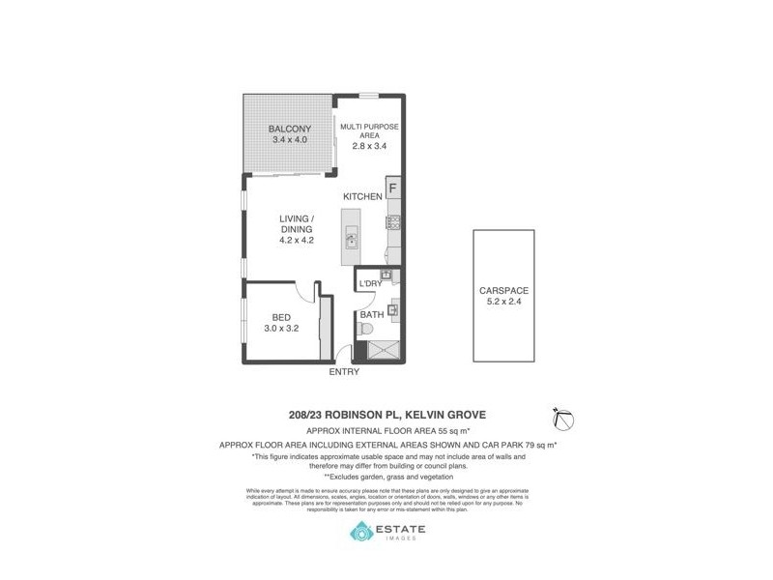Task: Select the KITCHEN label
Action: [x=362, y=197]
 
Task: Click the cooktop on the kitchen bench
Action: [x=394, y=224]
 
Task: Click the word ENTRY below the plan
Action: [x=344, y=372]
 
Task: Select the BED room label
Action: [x=281, y=317]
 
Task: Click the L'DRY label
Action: [x=369, y=283]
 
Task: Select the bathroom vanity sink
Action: [x=392, y=311]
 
